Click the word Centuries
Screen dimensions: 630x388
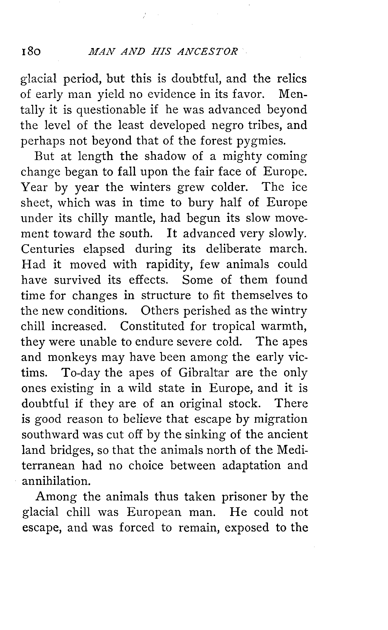(x=47, y=249)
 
